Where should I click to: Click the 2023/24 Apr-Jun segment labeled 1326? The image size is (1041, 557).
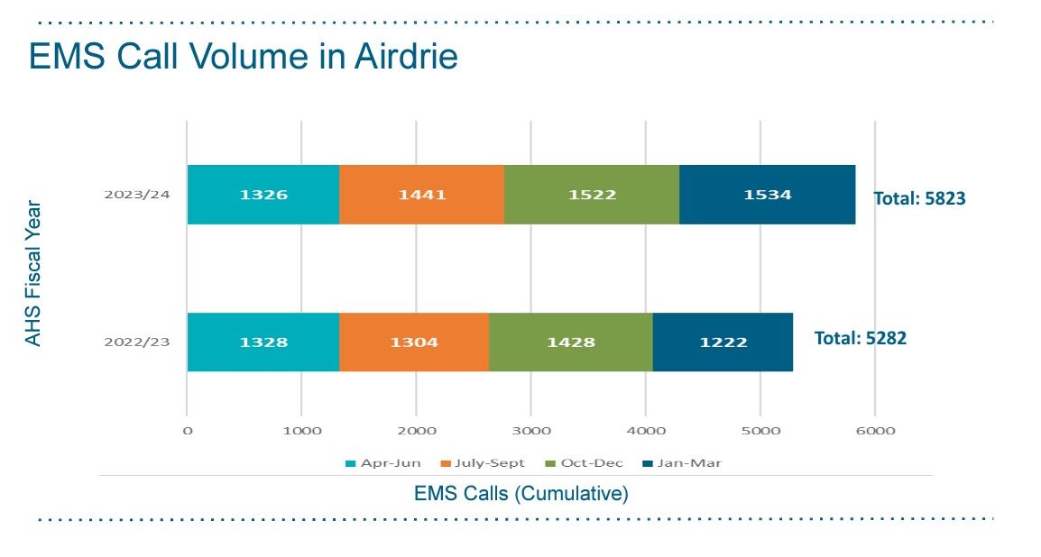tap(263, 195)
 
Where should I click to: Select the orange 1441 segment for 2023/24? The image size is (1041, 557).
tap(421, 195)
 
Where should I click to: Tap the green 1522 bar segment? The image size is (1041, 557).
tap(591, 195)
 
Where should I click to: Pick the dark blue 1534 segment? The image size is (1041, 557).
tap(767, 195)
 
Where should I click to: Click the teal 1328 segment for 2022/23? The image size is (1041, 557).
tap(263, 342)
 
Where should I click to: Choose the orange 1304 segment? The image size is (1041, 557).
tap(414, 342)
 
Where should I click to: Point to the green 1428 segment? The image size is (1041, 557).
tap(570, 342)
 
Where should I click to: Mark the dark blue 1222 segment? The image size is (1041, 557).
tap(723, 342)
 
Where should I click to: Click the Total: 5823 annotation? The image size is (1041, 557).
tap(919, 198)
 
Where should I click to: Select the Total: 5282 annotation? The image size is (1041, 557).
tap(860, 338)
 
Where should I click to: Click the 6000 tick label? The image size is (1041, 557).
tap(875, 431)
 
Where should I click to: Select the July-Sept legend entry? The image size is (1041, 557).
tap(484, 463)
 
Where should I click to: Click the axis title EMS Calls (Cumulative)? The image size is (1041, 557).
tap(520, 494)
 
